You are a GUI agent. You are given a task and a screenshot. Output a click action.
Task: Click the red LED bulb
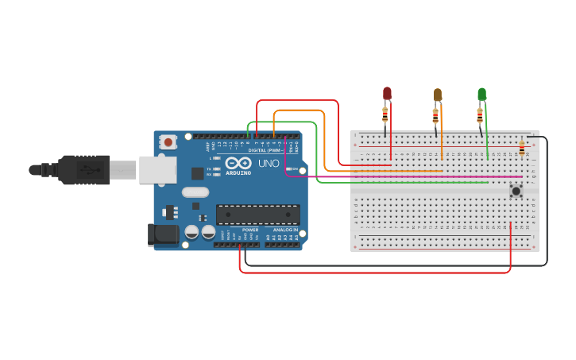(387, 93)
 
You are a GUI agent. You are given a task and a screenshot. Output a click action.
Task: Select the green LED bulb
(481, 94)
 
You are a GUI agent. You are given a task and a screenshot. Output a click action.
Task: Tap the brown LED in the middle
(437, 95)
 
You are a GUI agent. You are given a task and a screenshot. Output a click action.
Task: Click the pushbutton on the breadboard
(516, 191)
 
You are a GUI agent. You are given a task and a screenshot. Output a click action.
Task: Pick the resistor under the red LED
(385, 116)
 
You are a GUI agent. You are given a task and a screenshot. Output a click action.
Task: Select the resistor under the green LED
(479, 116)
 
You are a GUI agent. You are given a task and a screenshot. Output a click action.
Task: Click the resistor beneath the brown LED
(435, 117)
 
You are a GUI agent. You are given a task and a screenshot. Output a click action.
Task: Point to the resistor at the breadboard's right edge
(521, 149)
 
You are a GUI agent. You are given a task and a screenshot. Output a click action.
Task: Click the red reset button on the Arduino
(168, 142)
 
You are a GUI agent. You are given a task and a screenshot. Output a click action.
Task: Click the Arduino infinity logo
(238, 163)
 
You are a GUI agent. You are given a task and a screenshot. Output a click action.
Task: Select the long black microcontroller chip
(257, 215)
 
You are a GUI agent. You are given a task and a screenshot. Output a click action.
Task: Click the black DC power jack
(164, 234)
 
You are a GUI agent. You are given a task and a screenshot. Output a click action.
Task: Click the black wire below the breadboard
(397, 265)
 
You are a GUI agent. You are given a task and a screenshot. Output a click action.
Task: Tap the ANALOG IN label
(285, 230)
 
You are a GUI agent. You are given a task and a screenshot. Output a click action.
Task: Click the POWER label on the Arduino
(250, 230)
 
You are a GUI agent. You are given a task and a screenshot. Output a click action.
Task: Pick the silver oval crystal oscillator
(195, 192)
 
